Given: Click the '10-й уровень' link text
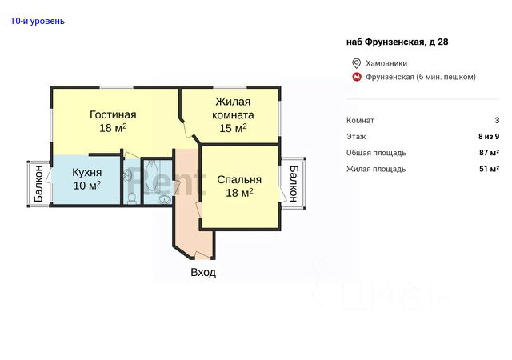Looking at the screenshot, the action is tap(38, 22).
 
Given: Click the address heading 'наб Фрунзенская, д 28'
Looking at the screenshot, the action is tap(397, 42).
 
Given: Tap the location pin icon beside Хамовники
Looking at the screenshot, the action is tap(356, 63).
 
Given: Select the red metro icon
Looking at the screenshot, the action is tap(356, 77).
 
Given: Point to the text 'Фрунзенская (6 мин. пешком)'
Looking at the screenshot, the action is tap(421, 77).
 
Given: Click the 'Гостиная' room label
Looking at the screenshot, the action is tap(113, 114).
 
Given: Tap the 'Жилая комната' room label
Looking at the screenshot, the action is tap(233, 108).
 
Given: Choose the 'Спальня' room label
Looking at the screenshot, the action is tap(239, 180).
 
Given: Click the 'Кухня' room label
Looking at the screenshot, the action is tap(87, 172).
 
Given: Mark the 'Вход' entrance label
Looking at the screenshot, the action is tap(203, 272).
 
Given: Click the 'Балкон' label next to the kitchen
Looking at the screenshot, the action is tap(38, 183).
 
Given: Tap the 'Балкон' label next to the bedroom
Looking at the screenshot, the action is tap(294, 183).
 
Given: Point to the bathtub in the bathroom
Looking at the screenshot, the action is tap(151, 176).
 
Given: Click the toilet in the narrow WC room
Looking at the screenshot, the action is tap(132, 198).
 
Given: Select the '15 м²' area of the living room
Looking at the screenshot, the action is tap(233, 128).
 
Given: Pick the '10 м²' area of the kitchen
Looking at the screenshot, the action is tap(87, 186).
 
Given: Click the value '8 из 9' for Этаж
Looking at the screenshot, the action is tap(489, 137).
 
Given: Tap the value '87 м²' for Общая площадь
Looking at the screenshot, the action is tap(489, 153).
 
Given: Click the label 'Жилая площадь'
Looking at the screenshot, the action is tap(376, 169).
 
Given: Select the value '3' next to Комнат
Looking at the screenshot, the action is tap(497, 120).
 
